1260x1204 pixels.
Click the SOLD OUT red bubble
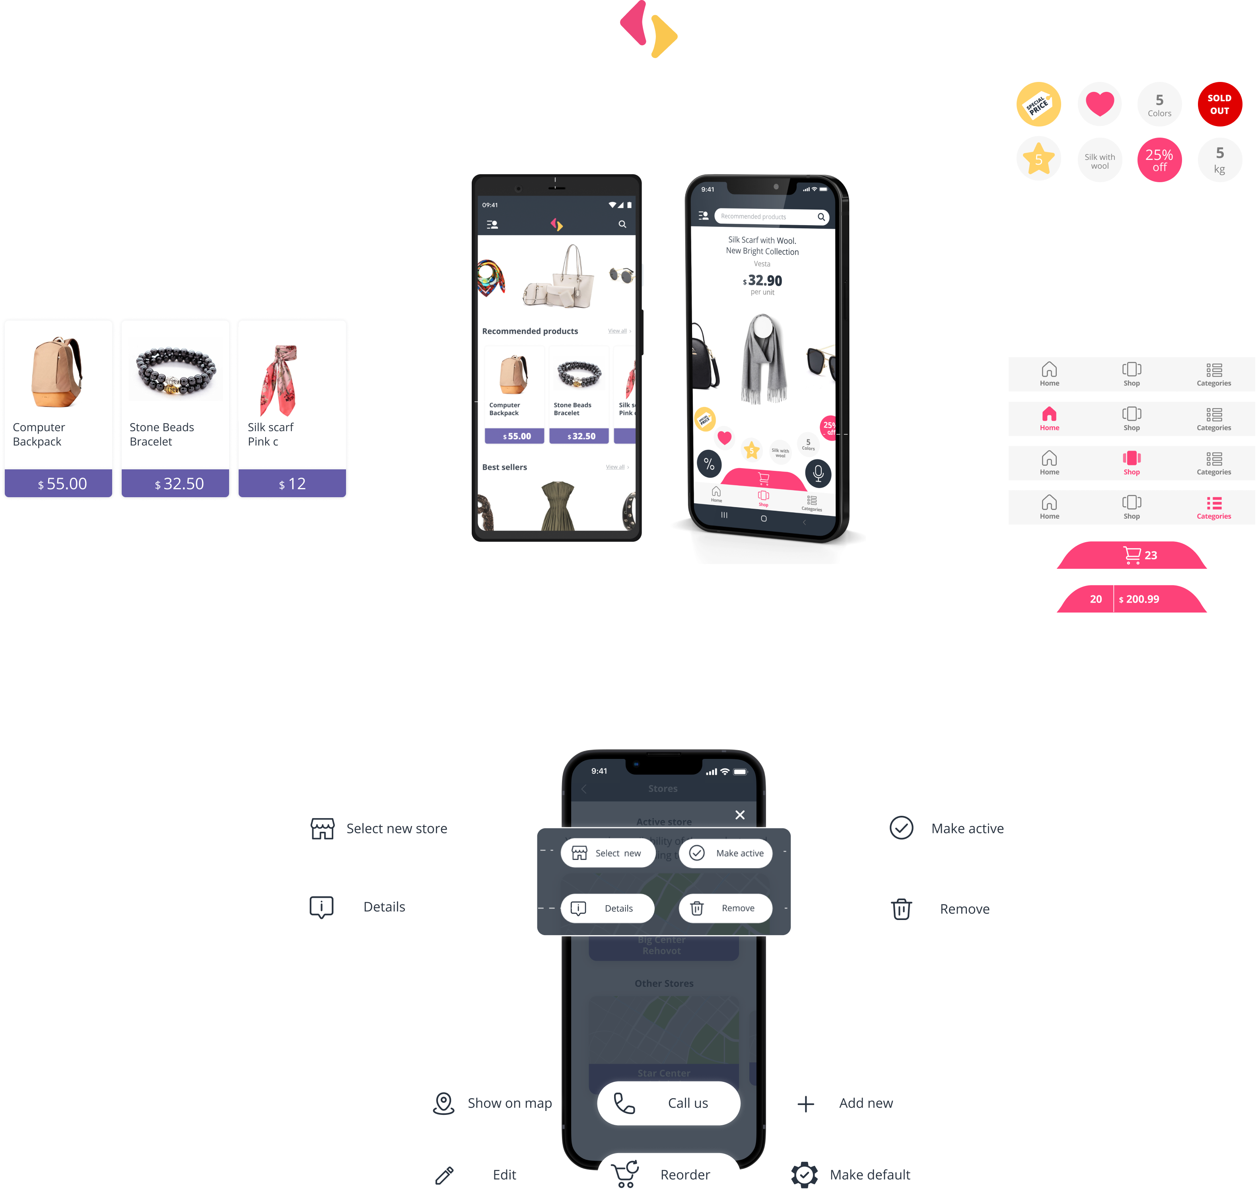click(x=1219, y=104)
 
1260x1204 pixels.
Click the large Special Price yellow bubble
click(x=1038, y=104)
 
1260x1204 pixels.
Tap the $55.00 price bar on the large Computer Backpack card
click(x=58, y=483)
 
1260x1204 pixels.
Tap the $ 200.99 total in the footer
click(x=1139, y=599)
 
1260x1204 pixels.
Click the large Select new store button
click(x=379, y=829)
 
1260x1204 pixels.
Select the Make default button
click(x=849, y=1175)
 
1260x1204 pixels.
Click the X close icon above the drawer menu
click(x=739, y=815)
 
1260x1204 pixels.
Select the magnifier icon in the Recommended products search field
click(x=821, y=217)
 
